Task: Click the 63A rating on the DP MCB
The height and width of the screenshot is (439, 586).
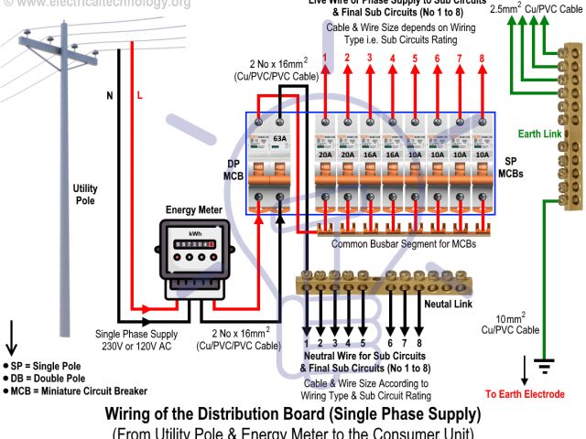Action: (279, 138)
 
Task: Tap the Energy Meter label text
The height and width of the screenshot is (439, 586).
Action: (193, 210)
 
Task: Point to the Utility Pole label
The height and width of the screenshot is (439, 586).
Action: (85, 193)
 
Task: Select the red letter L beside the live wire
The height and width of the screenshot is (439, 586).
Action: (140, 95)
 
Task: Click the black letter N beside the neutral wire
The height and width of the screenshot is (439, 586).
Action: (110, 95)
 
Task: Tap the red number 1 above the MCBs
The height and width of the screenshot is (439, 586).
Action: (324, 58)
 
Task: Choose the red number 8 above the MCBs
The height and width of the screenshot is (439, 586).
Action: (482, 58)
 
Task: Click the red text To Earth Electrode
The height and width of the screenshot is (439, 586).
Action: (525, 394)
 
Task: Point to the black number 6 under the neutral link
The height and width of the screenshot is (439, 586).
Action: (391, 344)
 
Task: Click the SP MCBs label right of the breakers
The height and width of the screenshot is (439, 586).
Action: (510, 166)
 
